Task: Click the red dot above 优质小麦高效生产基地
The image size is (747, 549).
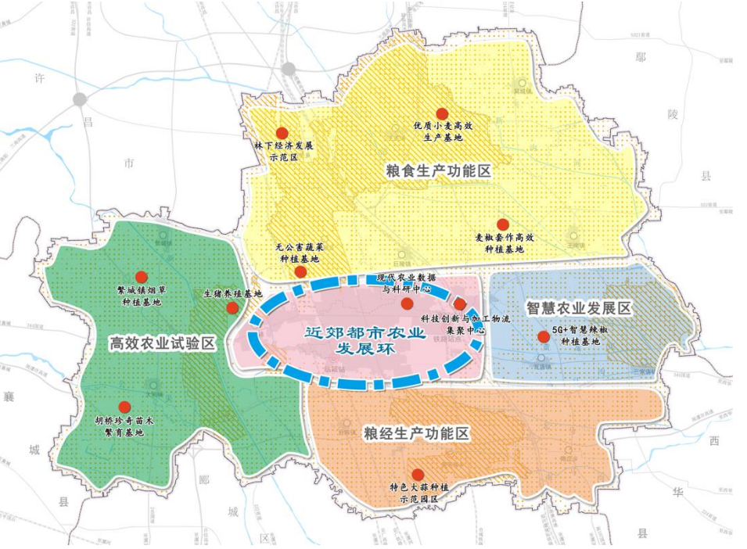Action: [442, 114]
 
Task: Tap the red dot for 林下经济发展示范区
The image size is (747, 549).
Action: [282, 133]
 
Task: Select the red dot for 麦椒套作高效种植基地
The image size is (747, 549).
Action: [503, 224]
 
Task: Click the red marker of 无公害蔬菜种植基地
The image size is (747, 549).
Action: [300, 272]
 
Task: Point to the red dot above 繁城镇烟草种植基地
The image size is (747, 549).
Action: [142, 277]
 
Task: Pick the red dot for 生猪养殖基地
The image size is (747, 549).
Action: [232, 308]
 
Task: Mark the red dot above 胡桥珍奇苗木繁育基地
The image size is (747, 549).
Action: [124, 407]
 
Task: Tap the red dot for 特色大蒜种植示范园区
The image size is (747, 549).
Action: [418, 474]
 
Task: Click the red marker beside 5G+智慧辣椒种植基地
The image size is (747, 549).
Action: [544, 336]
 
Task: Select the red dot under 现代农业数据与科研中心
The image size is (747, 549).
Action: [407, 303]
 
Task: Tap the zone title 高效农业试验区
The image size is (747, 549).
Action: [162, 343]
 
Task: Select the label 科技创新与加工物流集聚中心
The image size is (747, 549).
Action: [465, 325]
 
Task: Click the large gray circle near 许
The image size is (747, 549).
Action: [79, 99]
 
